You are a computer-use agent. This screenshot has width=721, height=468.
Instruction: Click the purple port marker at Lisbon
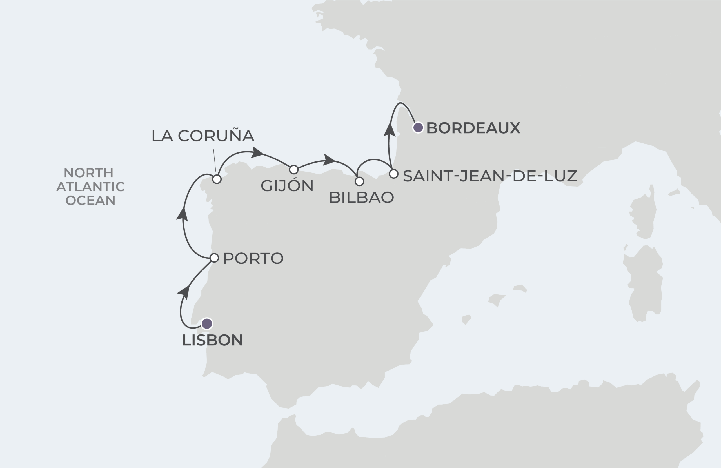[x=207, y=324]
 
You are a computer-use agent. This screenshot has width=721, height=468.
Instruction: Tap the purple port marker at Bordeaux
[x=418, y=127]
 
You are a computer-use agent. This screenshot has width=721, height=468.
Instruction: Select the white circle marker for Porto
[x=214, y=258]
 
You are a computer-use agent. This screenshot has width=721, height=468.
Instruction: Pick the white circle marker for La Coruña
[x=217, y=179]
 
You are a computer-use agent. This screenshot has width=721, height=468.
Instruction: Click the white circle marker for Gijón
[x=294, y=169]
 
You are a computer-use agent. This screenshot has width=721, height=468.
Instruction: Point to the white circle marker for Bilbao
[x=359, y=181]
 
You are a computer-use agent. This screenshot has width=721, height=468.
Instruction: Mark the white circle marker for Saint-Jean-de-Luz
[x=393, y=174]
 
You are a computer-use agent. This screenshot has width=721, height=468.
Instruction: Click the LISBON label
[x=212, y=340]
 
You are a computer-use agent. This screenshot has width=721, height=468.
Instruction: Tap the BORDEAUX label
[x=473, y=128]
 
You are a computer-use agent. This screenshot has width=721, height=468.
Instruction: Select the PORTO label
[x=253, y=258]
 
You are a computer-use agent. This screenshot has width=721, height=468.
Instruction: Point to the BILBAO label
[x=361, y=198]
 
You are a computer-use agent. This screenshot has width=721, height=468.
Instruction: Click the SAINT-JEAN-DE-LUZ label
[x=490, y=176]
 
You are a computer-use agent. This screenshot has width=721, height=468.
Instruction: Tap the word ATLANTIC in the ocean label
[x=91, y=187]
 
